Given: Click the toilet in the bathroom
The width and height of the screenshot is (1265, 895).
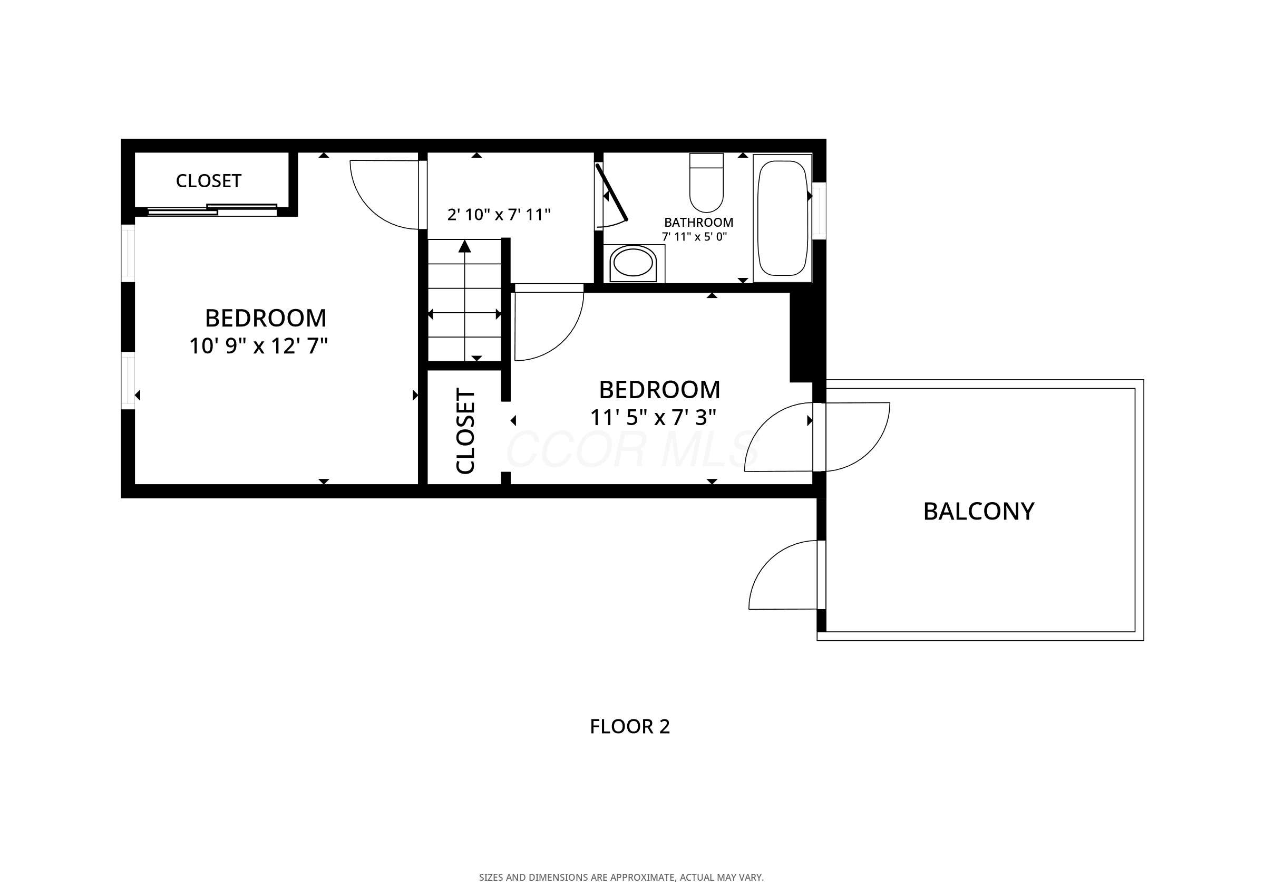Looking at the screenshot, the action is pyautogui.click(x=706, y=182).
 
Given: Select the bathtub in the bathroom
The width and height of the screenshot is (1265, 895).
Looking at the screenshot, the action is pyautogui.click(x=782, y=218).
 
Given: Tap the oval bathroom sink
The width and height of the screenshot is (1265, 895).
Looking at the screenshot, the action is pyautogui.click(x=633, y=262).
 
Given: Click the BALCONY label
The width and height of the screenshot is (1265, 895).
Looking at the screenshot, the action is pyautogui.click(x=978, y=511).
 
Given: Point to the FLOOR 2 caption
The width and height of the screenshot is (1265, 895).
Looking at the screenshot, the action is pyautogui.click(x=630, y=726).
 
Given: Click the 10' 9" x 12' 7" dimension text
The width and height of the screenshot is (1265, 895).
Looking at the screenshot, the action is pyautogui.click(x=258, y=346).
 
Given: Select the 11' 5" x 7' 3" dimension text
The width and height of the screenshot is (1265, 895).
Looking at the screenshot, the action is pyautogui.click(x=653, y=418).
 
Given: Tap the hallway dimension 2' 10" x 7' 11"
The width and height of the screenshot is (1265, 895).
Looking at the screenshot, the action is pyautogui.click(x=499, y=214).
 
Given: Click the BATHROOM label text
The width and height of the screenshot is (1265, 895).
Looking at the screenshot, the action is pyautogui.click(x=698, y=222).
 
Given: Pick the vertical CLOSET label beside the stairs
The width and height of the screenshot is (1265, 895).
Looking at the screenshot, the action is pyautogui.click(x=465, y=431).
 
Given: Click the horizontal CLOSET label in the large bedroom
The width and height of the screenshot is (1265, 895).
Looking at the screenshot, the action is pyautogui.click(x=208, y=181).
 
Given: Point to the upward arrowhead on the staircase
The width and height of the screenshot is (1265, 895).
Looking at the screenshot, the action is pyautogui.click(x=465, y=246).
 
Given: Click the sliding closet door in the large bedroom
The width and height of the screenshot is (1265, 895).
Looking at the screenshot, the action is pyautogui.click(x=212, y=209).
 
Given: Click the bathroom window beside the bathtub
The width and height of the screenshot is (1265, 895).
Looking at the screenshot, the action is pyautogui.click(x=819, y=210).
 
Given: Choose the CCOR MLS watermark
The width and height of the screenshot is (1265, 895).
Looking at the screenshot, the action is pyautogui.click(x=632, y=449).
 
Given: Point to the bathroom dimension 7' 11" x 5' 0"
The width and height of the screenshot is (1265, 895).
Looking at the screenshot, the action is pyautogui.click(x=694, y=237).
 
